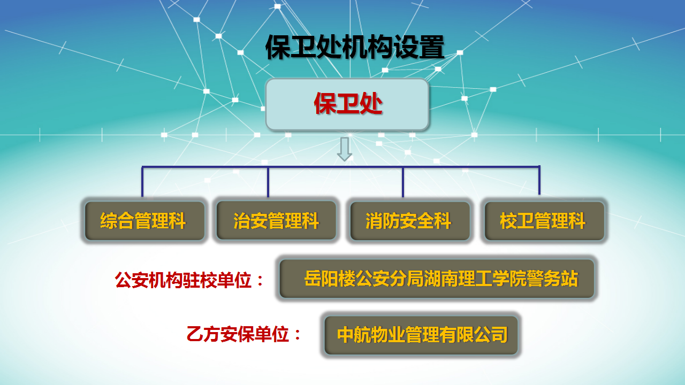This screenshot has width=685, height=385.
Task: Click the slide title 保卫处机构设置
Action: [x=355, y=47]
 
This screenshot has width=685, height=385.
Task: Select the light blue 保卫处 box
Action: [x=347, y=104]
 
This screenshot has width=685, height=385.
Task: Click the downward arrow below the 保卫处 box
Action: [x=344, y=149]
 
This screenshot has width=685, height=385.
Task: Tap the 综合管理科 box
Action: [x=144, y=221]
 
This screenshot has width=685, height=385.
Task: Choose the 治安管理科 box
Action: [x=276, y=221]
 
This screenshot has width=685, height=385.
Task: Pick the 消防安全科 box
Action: [x=410, y=221]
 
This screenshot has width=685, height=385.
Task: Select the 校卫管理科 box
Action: [x=544, y=221]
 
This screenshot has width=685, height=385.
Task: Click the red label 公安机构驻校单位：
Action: [x=189, y=280]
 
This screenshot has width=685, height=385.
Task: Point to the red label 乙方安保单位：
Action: [x=244, y=334]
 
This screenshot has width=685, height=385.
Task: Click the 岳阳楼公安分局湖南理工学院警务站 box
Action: [x=437, y=279]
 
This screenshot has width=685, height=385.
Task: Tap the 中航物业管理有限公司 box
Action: [x=421, y=335]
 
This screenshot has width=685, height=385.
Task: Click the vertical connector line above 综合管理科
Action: [x=142, y=181]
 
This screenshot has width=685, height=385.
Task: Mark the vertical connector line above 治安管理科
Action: [x=268, y=181]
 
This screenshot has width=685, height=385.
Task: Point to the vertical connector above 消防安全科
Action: [x=403, y=181]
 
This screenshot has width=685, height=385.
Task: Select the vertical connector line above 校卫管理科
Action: [x=539, y=180]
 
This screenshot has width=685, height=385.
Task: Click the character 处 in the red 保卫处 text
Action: [x=371, y=104]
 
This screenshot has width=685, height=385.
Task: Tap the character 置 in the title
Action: [x=432, y=47]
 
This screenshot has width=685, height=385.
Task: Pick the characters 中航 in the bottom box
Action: [x=354, y=335]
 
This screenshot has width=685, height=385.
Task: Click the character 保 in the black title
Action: [x=278, y=47]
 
